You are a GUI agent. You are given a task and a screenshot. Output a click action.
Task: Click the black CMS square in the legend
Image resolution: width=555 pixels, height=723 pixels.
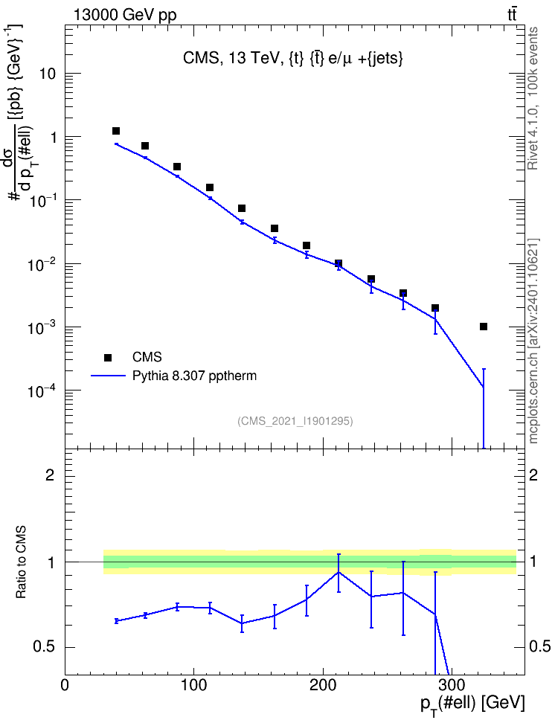click(108, 357)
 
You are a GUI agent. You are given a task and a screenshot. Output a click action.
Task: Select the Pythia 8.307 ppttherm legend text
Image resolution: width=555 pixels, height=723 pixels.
click(194, 376)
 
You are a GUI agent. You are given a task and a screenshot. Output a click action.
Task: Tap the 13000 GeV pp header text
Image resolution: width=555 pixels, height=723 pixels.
click(125, 15)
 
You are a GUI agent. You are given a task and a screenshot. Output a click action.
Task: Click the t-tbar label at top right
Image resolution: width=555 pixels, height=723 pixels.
click(512, 15)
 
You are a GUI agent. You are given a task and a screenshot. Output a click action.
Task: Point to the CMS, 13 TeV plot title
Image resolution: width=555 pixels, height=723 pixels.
click(293, 58)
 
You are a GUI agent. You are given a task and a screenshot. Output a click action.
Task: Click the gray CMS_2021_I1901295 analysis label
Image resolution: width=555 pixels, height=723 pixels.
click(295, 421)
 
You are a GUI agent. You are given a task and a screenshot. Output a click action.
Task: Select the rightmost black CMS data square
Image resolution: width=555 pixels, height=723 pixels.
click(484, 327)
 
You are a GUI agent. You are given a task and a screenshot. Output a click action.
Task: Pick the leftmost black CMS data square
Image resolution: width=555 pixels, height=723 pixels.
click(116, 131)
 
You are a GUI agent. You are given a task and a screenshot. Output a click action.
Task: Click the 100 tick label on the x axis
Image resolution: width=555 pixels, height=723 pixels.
click(193, 685)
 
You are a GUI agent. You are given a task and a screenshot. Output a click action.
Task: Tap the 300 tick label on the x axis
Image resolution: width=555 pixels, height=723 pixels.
click(451, 685)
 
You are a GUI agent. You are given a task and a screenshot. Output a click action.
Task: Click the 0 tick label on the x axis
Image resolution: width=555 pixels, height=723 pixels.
click(65, 685)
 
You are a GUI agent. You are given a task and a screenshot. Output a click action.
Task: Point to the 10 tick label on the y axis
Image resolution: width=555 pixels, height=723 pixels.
click(48, 74)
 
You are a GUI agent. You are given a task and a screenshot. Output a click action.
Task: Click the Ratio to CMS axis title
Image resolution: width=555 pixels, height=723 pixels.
click(21, 562)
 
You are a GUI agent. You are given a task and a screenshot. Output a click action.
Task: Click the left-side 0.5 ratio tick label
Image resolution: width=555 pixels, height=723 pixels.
click(45, 647)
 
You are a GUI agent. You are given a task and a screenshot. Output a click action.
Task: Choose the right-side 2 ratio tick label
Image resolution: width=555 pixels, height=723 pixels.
click(533, 475)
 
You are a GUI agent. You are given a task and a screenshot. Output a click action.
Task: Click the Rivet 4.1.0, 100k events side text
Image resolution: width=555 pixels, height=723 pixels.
click(533, 98)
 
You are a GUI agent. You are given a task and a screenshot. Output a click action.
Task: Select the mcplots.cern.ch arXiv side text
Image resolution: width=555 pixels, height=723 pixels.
click(533, 341)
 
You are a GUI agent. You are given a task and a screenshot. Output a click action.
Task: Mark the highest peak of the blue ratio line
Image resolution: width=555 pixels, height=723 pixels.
click(339, 572)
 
